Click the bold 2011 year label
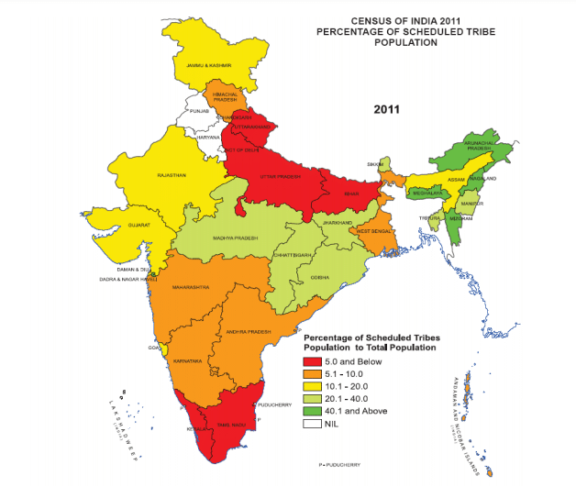(x=388, y=109)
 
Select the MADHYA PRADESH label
(x=236, y=237)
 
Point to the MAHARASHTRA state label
(x=191, y=286)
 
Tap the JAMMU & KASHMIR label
(x=208, y=66)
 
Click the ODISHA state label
(x=320, y=276)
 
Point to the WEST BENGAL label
(x=374, y=231)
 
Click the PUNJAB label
(x=200, y=110)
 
